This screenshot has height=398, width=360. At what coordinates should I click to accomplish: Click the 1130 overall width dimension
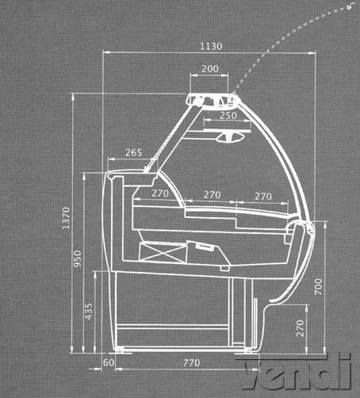pyautogui.click(x=211, y=47)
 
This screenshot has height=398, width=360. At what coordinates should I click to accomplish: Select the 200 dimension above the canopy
pyautogui.click(x=210, y=69)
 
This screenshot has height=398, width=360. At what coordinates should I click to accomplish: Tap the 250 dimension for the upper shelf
pyautogui.click(x=228, y=116)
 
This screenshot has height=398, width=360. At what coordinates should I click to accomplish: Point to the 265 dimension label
pyautogui.click(x=133, y=152)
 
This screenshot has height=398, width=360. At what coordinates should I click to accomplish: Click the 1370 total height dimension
pyautogui.click(x=66, y=218)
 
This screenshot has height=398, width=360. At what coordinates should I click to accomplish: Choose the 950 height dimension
pyautogui.click(x=78, y=258)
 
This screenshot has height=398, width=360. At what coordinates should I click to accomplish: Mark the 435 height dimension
pyautogui.click(x=89, y=312)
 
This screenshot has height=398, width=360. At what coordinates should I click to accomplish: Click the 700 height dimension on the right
pyautogui.click(x=319, y=287)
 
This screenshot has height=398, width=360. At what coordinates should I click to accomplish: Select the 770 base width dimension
pyautogui.click(x=192, y=363)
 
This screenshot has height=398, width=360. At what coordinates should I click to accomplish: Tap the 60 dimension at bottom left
pyautogui.click(x=109, y=362)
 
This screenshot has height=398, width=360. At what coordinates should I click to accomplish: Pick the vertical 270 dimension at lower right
pyautogui.click(x=301, y=328)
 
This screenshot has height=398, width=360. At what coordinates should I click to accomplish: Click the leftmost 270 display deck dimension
pyautogui.click(x=160, y=193)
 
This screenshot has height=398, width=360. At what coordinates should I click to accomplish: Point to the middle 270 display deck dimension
pyautogui.click(x=212, y=195)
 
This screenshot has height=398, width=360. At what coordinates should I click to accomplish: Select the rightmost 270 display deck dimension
pyautogui.click(x=263, y=197)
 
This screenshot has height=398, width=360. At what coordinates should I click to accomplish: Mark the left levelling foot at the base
pyautogui.click(x=119, y=350)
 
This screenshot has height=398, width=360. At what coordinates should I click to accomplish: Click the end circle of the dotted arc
pyautogui.click(x=351, y=7)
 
